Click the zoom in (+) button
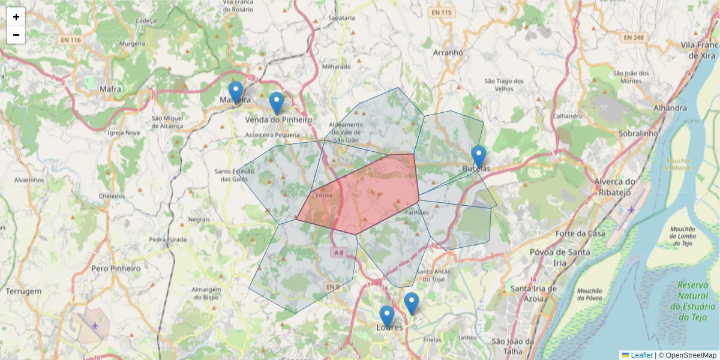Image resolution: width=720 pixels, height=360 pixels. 16,17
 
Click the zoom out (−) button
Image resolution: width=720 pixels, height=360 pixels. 16,35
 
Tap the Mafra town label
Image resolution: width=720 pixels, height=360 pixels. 110,89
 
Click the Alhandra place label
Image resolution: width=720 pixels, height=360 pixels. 671,108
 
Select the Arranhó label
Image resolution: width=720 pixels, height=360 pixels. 448,52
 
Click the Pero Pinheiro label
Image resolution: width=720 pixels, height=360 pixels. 116,269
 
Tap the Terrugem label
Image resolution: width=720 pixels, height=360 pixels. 23,291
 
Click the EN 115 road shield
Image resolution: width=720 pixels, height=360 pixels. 441,13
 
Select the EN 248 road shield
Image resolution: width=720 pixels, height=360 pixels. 633,37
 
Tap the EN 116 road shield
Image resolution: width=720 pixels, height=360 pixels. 71,40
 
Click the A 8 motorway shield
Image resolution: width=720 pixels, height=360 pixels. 339,253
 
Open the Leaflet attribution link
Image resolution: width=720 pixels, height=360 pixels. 641,355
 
